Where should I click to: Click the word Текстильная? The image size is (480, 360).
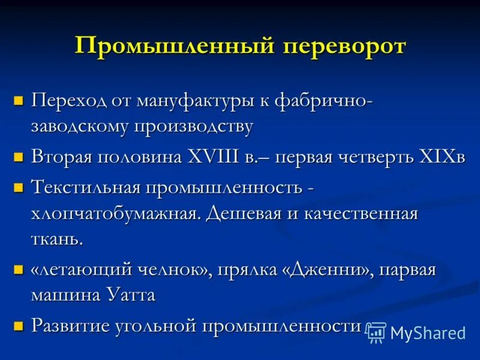86,187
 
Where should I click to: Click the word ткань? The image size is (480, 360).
57,241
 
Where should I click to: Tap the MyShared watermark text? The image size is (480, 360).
428,333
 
